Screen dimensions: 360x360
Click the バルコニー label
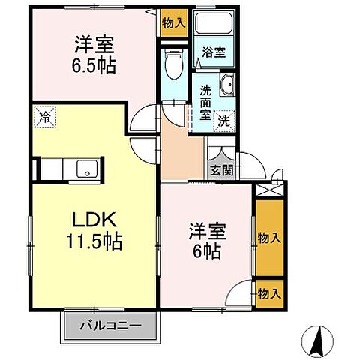pyautogui.click(x=112, y=326)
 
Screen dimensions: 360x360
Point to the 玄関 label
pyautogui.click(x=221, y=169)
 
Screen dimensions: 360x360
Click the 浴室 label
pyautogui.click(x=214, y=52)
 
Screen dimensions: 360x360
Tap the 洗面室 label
pyautogui.click(x=205, y=103)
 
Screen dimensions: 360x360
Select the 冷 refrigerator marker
pyautogui.click(x=44, y=117)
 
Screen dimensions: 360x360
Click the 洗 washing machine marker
pyautogui.click(x=223, y=119)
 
